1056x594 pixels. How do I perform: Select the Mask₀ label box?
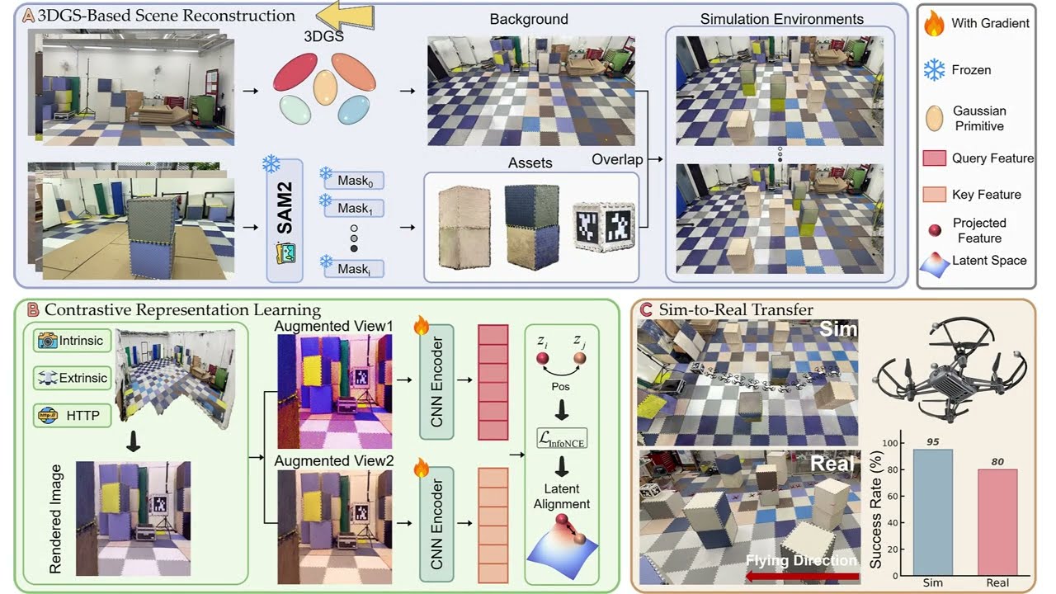coord(355,180)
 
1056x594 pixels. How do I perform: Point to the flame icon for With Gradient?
coord(934,23)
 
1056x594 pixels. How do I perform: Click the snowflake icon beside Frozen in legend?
coord(934,70)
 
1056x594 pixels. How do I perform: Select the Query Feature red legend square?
coord(934,158)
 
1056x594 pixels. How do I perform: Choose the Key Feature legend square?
coord(934,195)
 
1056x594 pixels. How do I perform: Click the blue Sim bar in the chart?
coord(932,511)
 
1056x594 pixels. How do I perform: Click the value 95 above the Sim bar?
coord(932,441)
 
